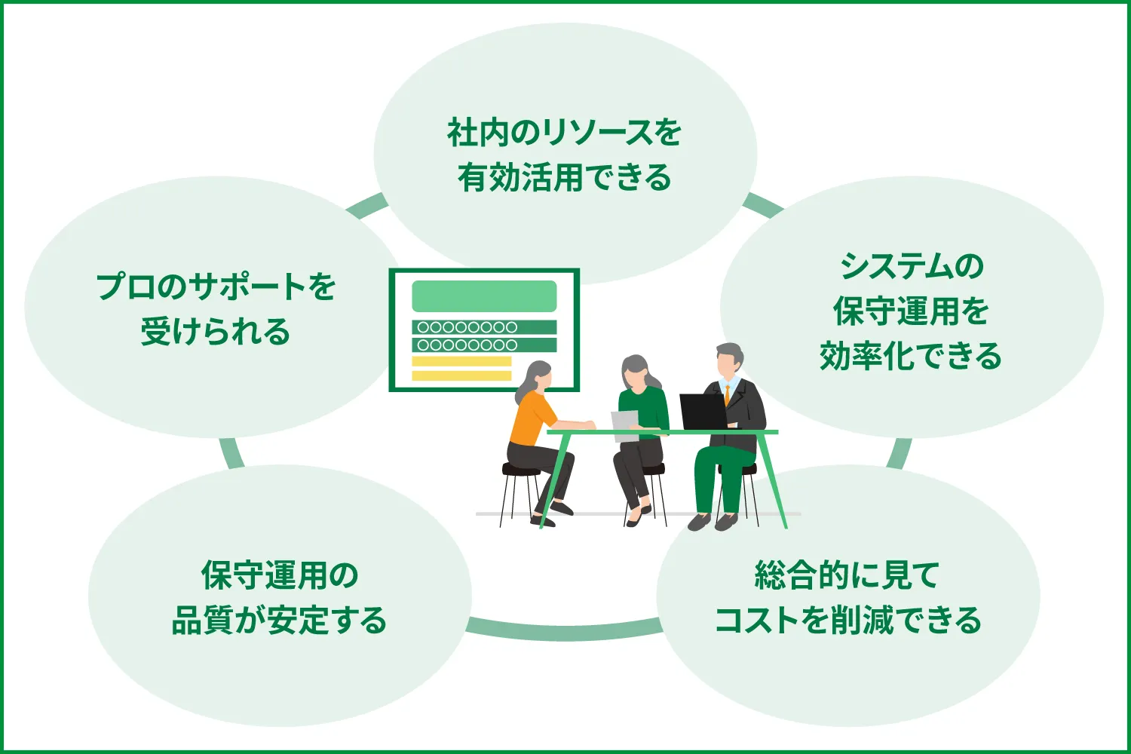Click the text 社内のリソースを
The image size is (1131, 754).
click(564, 133)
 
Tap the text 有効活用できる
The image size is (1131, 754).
click(564, 178)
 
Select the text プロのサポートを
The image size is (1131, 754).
click(216, 287)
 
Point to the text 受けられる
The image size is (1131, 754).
click(216, 332)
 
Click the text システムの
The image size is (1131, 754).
click(912, 266)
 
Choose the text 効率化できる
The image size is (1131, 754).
click(911, 356)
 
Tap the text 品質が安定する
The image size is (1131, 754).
click(279, 621)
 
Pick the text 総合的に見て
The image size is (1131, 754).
click(847, 575)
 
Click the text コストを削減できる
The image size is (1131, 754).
click(847, 621)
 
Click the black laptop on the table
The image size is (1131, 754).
click(703, 412)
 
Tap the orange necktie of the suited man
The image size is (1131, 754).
click(727, 395)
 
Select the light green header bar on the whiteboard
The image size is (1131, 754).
click(484, 296)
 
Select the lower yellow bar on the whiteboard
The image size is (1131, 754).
click(461, 375)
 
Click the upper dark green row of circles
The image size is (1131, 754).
click(484, 327)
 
